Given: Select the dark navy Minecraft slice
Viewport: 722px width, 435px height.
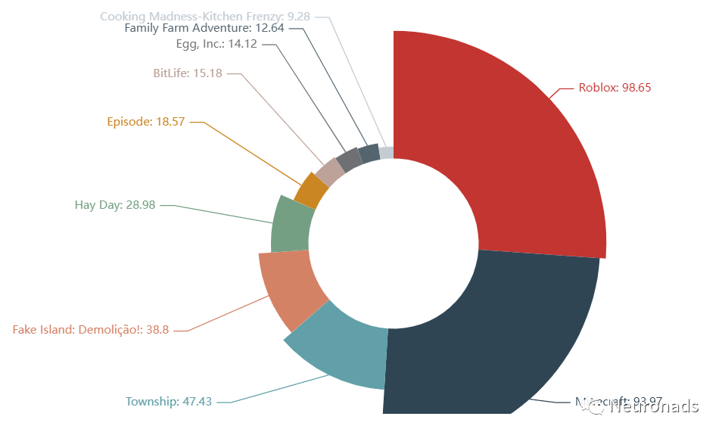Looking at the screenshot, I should (x=484, y=333).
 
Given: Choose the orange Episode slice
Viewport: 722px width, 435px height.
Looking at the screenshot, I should (x=310, y=190).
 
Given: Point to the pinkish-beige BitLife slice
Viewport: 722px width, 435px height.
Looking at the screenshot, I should (x=330, y=172).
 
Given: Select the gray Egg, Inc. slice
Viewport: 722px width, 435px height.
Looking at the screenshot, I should (x=349, y=160).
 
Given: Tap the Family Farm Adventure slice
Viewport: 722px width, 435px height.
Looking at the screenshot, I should (x=369, y=153).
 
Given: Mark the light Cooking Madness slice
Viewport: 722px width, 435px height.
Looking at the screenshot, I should (x=387, y=153).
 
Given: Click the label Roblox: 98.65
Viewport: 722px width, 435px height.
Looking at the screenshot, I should (x=615, y=87).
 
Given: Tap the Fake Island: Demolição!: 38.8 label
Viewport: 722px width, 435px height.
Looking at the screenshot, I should (x=90, y=330).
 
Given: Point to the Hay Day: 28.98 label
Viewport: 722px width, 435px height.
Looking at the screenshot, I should (x=115, y=204).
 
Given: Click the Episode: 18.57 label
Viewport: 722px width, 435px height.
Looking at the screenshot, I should (x=146, y=121).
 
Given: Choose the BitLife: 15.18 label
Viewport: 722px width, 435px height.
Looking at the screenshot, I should (x=187, y=73).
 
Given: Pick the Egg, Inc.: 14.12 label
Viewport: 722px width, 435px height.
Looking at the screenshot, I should (x=216, y=44).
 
